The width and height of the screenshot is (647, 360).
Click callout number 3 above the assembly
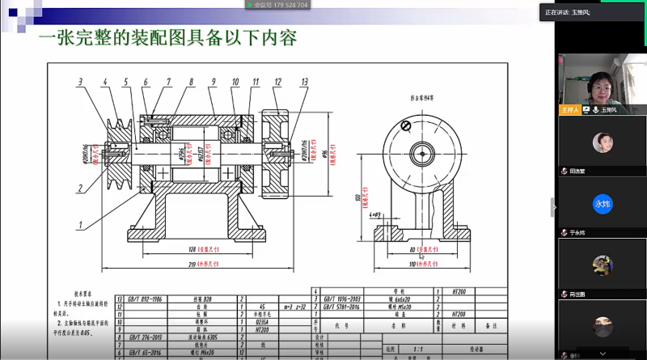(81, 82)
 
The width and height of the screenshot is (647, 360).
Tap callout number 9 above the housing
(213, 82)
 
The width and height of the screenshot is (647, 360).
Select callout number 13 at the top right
(304, 82)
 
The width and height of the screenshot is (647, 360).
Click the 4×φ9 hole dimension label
(375, 215)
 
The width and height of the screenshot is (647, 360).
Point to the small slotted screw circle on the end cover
(406, 125)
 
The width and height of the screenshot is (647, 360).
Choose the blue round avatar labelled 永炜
(601, 204)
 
